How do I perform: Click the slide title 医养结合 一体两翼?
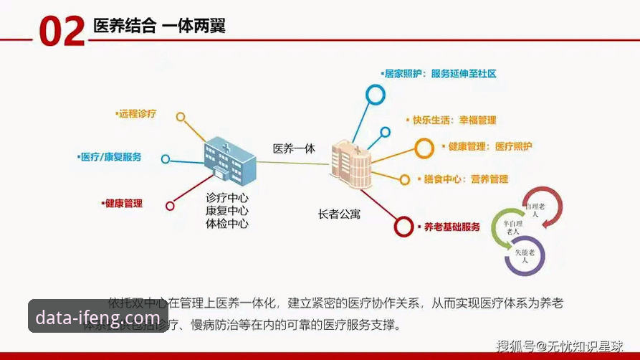tap(159, 27)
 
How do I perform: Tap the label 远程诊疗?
tap(137, 114)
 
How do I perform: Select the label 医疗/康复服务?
tap(111, 157)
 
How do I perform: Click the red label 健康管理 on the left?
tap(123, 204)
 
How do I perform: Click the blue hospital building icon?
tap(228, 157)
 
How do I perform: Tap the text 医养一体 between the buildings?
tap(294, 148)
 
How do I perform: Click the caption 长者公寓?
tap(339, 214)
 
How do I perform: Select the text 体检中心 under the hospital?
tap(227, 223)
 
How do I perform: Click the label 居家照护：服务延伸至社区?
tap(440, 73)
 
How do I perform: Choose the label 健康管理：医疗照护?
tap(489, 146)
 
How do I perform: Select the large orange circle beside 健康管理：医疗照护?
tap(425, 148)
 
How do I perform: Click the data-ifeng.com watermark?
tap(98, 317)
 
